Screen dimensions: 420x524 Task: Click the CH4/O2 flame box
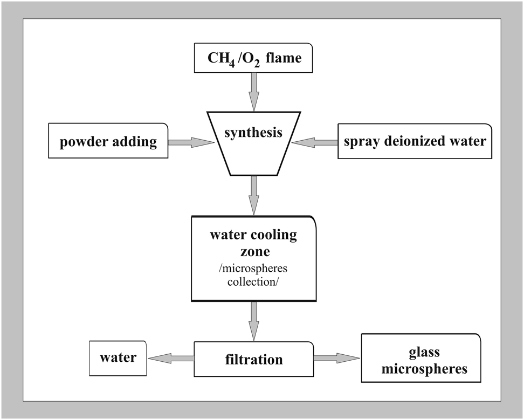coord(253,58)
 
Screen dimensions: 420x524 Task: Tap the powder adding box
coord(108,141)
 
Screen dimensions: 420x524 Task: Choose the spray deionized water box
coord(415,141)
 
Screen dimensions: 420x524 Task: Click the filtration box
coord(253,359)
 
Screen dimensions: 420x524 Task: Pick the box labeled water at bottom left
coord(117,357)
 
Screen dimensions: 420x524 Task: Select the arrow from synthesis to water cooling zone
coord(254,195)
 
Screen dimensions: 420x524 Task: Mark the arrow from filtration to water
coord(170,358)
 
